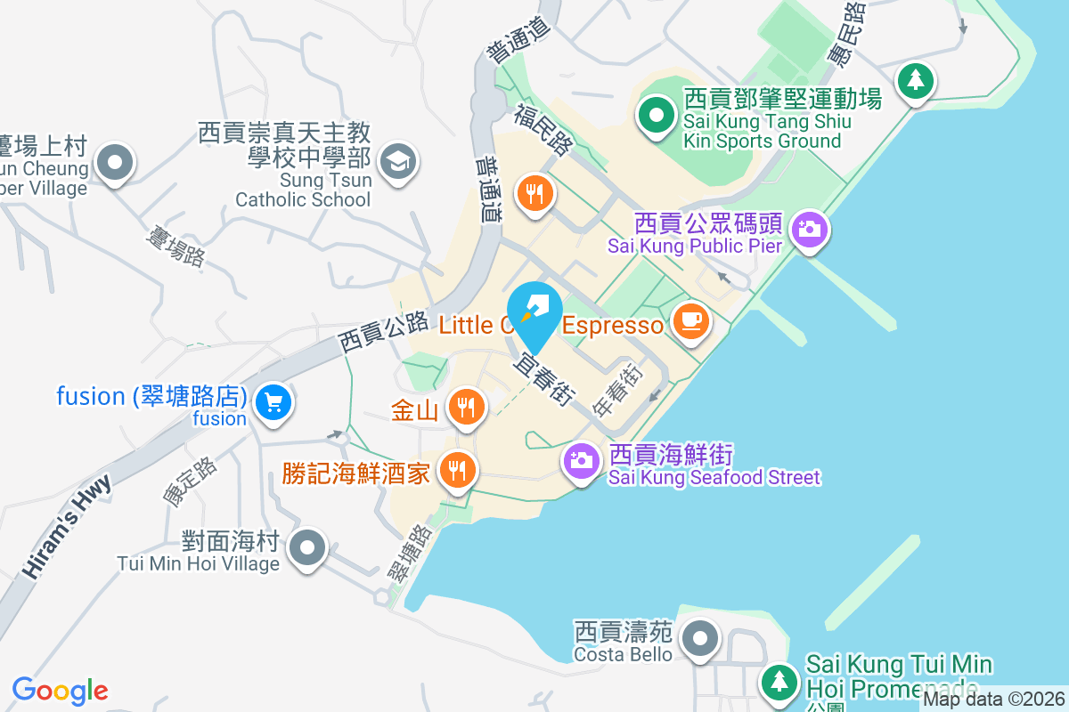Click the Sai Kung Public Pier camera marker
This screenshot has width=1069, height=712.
pos(809,229)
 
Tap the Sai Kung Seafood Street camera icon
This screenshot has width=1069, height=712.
pos(581,460)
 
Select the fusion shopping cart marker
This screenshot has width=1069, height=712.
pos(273,403)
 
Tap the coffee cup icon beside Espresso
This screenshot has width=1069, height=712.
pos(691,320)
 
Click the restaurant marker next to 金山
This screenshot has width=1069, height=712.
pos(464,407)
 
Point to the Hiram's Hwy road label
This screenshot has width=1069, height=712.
pos(69,527)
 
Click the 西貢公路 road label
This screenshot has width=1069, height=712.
pos(383,333)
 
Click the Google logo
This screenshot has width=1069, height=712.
pos(60,690)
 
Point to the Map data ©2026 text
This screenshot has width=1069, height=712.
pos(992,700)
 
